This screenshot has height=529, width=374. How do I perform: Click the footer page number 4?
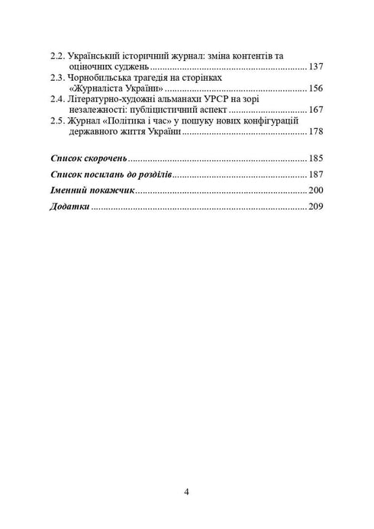[187, 491]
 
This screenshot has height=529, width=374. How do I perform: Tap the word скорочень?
[104, 159]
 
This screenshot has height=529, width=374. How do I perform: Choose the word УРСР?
[205, 99]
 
